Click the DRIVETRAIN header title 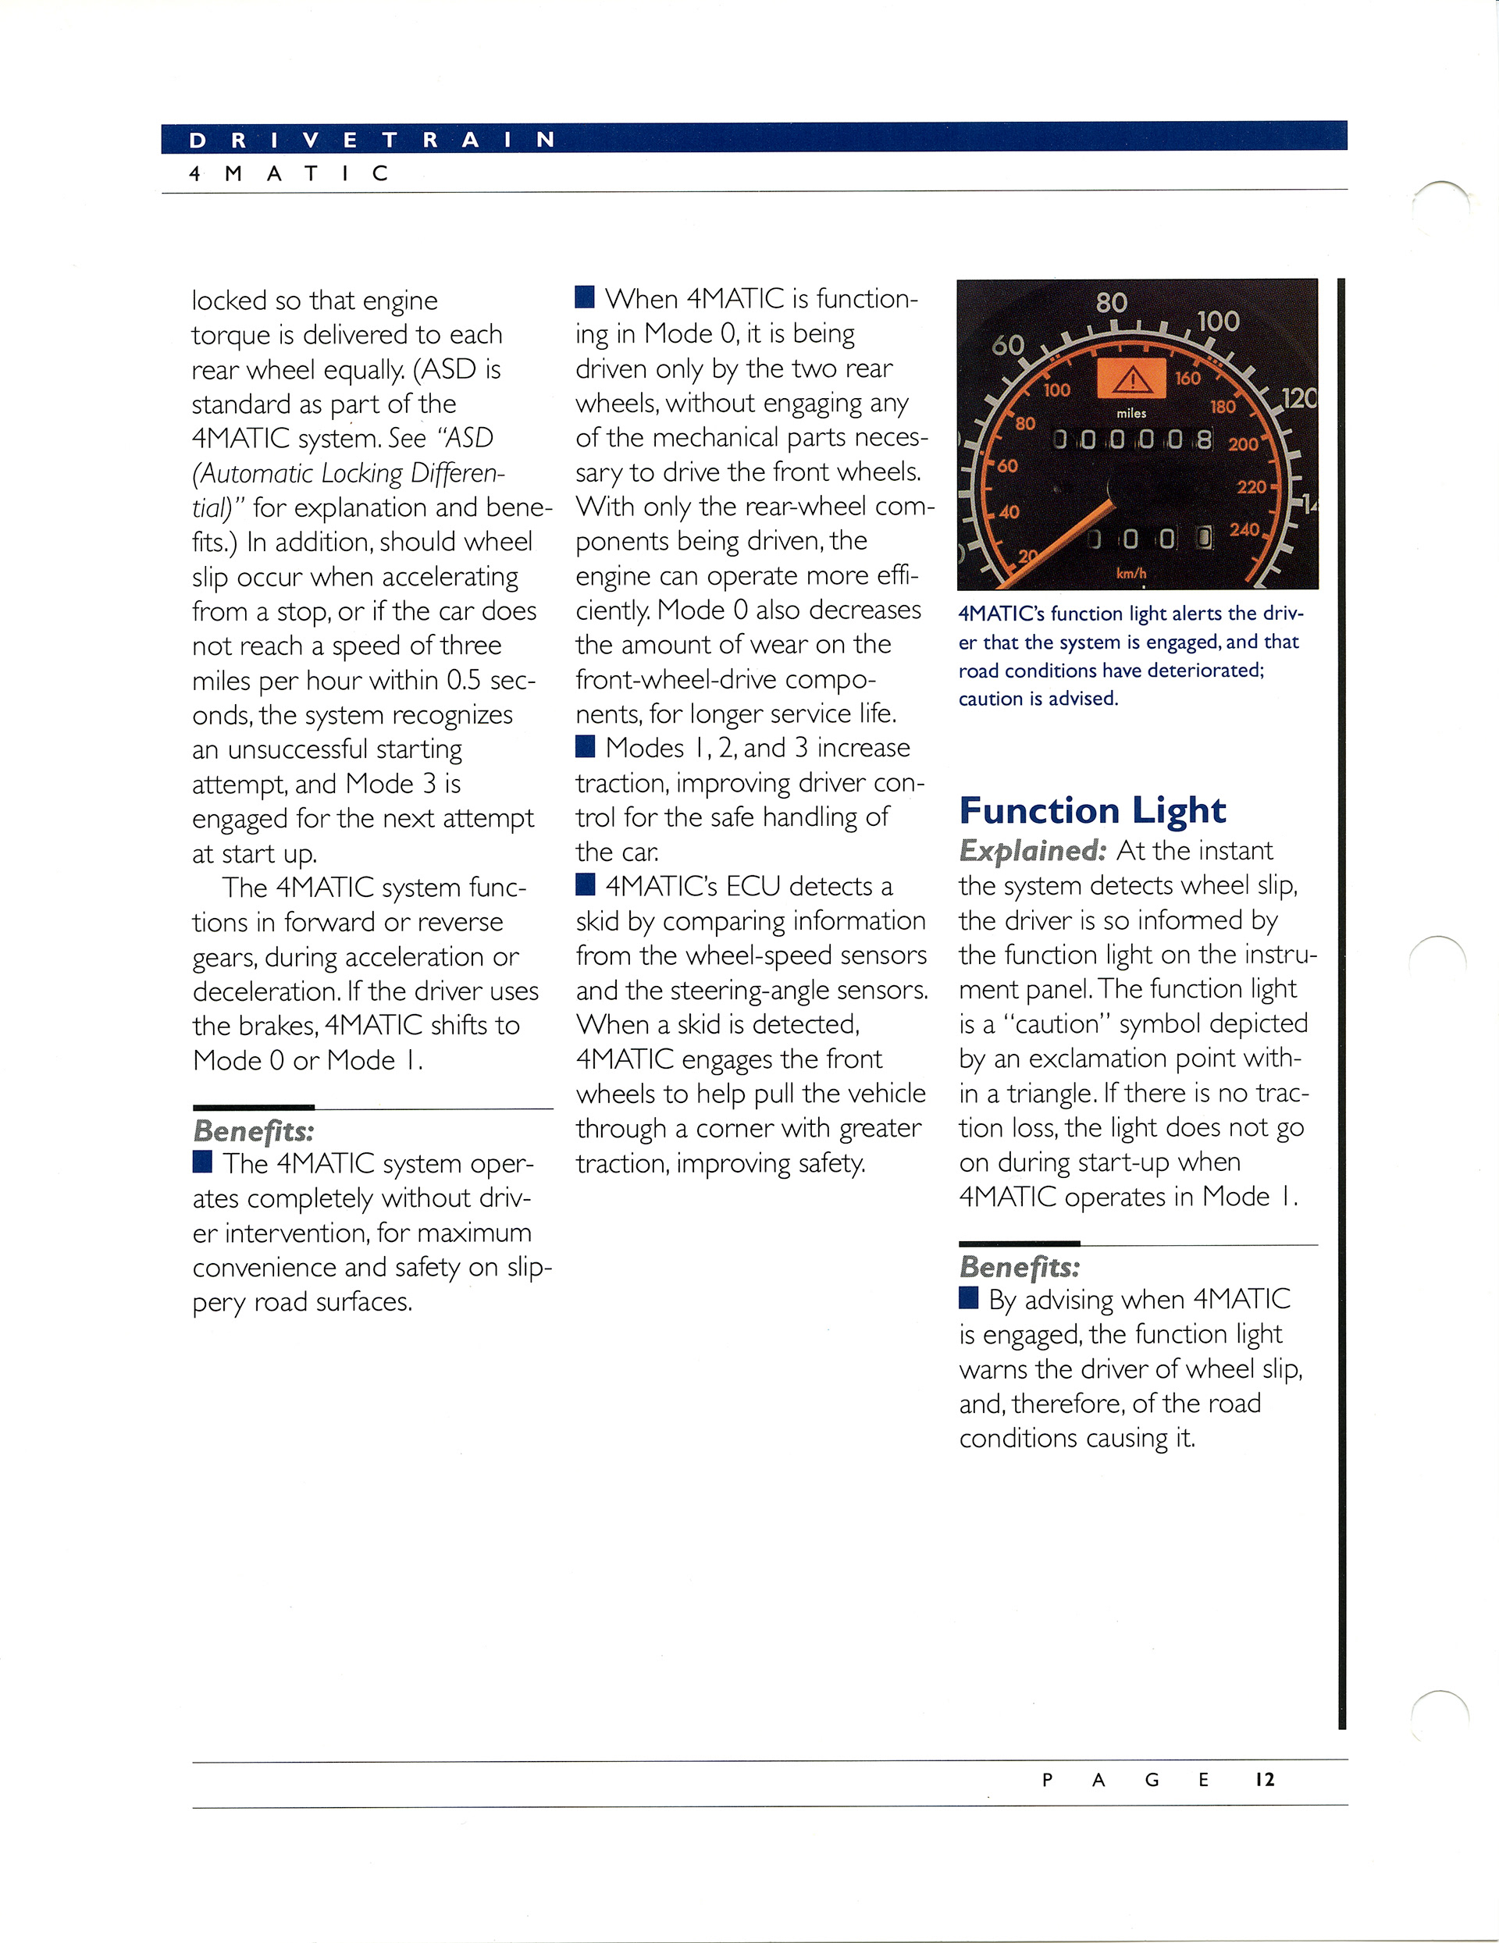click(372, 140)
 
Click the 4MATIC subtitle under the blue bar click(288, 173)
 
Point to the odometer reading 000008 click(1131, 439)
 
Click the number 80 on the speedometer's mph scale click(1111, 304)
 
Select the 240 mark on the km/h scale click(1244, 530)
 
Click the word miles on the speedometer click(1130, 414)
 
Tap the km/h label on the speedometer click(1130, 574)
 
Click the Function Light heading click(1091, 810)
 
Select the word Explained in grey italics click(1032, 852)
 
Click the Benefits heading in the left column click(254, 1132)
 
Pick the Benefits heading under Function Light click(1020, 1267)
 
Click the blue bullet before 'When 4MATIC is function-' click(585, 297)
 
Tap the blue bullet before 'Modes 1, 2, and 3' click(585, 746)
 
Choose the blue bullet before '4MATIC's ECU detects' click(585, 884)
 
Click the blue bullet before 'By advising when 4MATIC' click(968, 1298)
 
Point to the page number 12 click(1264, 1780)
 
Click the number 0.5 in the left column click(464, 681)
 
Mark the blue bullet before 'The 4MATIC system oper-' click(202, 1162)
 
